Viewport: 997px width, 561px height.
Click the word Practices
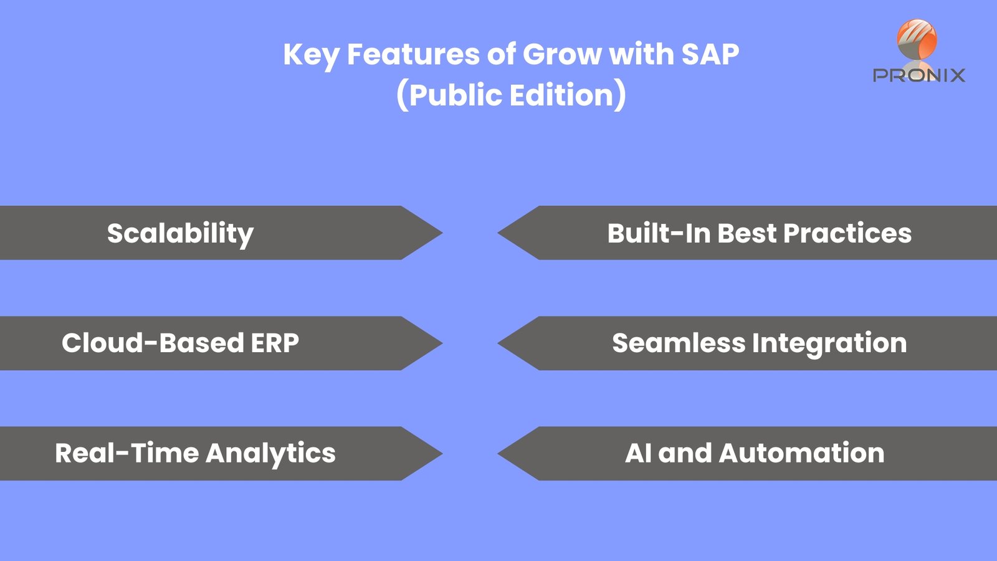point(847,233)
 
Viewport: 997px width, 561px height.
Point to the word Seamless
point(679,343)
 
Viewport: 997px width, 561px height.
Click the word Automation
point(801,453)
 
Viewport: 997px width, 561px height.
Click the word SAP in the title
point(710,54)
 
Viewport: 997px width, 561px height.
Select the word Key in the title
point(311,56)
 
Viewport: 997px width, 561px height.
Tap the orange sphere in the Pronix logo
point(917,39)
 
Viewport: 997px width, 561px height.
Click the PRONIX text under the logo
point(919,75)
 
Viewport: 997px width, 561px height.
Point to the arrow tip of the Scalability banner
point(442,233)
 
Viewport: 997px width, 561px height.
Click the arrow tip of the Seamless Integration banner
point(498,343)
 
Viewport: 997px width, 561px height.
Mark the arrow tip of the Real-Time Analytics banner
point(442,453)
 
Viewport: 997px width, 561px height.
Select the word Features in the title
point(413,54)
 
